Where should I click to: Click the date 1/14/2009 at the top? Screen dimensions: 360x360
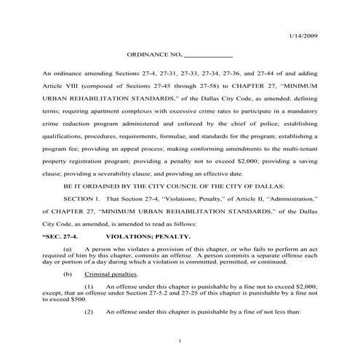tap(303, 36)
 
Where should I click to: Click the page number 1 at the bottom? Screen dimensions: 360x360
tap(180, 341)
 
